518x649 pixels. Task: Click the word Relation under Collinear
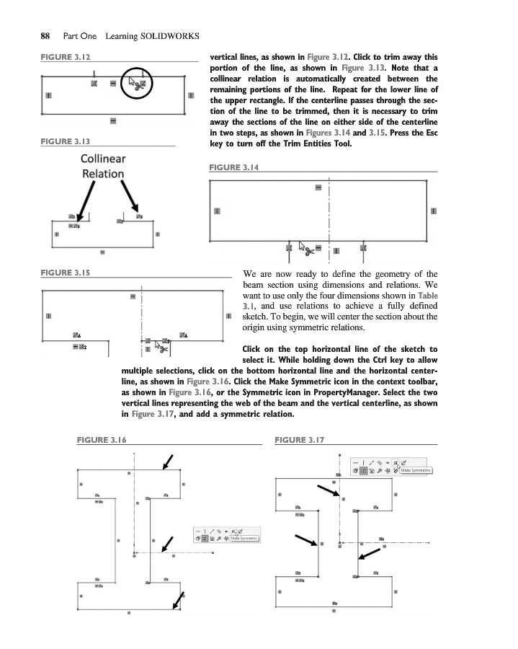(x=103, y=174)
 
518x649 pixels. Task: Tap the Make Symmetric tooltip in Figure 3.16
(x=244, y=538)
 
